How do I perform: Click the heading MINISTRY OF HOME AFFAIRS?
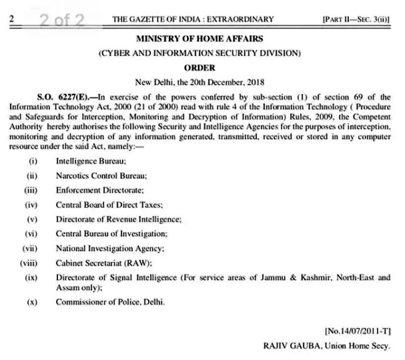click(201, 39)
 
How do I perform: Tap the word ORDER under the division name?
click(201, 67)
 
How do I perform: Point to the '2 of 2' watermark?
click(61, 19)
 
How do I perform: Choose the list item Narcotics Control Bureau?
click(101, 176)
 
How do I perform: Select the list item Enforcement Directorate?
click(97, 190)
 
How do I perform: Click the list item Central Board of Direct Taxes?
click(109, 205)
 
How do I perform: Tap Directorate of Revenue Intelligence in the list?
click(119, 219)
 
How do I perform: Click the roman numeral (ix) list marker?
click(30, 277)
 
